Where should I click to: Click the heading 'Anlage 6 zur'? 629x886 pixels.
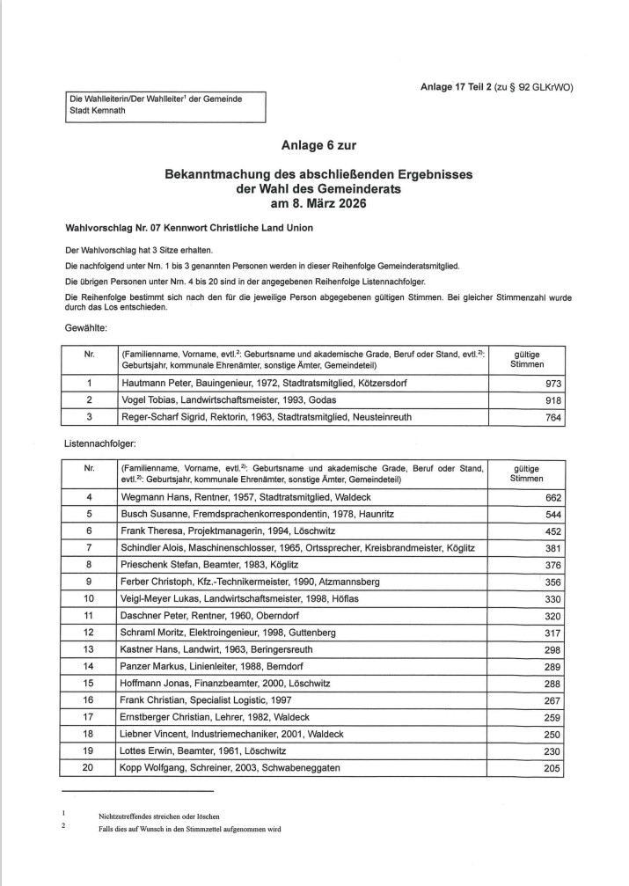[x=318, y=144]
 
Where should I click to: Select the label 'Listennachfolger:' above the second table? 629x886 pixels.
[x=98, y=446]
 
